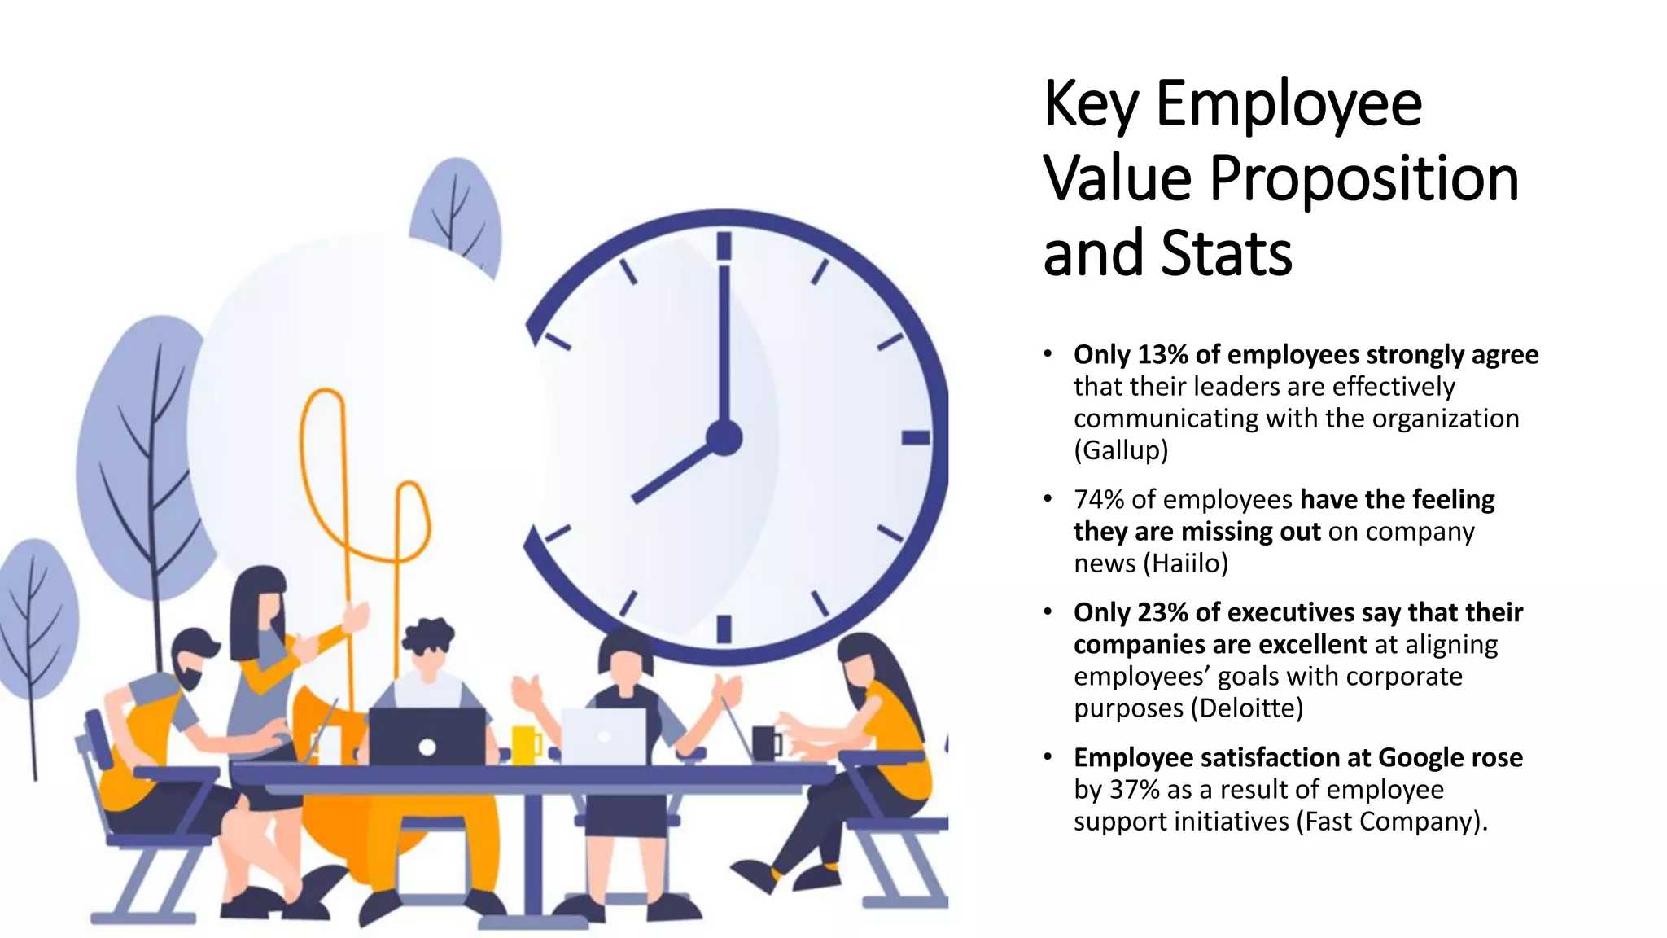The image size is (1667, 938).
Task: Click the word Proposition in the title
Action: point(1363,179)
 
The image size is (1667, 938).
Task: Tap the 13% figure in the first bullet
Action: point(1163,355)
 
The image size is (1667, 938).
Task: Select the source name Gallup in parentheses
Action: point(1121,450)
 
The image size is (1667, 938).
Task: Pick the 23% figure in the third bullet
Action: point(1163,612)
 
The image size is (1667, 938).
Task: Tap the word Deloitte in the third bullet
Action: point(1246,708)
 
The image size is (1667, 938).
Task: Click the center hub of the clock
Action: point(724,438)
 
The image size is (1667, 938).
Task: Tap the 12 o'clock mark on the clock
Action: point(724,246)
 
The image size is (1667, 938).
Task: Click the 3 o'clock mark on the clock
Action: point(916,438)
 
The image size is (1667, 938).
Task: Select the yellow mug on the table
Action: point(525,744)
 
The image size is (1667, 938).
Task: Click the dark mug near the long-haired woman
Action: point(765,743)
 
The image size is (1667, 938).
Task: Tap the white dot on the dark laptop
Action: point(427,747)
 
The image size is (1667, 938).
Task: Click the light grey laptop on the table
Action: point(603,736)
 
